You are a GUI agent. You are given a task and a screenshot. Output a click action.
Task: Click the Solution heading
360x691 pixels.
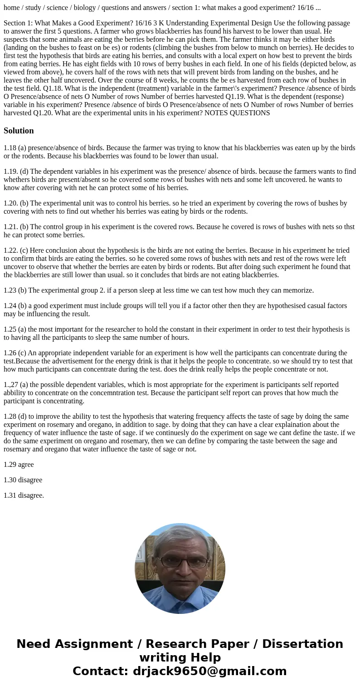(x=19, y=131)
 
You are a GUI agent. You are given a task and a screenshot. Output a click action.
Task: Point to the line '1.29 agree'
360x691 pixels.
(x=19, y=465)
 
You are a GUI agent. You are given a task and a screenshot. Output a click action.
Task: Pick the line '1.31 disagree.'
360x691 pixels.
(x=24, y=495)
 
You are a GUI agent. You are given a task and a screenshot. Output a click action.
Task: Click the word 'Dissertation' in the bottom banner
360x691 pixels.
(x=302, y=644)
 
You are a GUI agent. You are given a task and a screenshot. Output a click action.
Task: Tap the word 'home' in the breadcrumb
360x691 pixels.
(x=12, y=7)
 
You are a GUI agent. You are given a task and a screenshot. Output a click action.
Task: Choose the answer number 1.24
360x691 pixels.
(x=10, y=306)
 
